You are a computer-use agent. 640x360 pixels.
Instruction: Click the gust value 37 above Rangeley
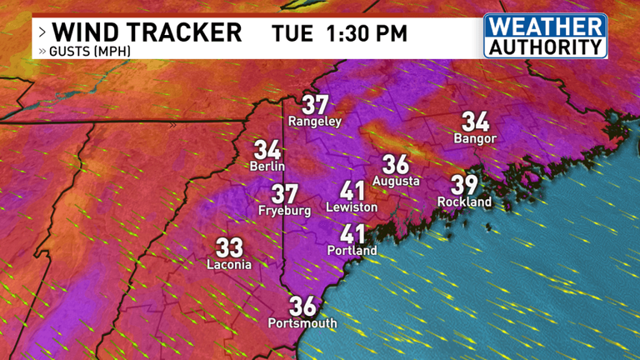click(315, 106)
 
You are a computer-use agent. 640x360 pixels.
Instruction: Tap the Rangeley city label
click(315, 122)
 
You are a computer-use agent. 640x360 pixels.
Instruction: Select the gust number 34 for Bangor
click(475, 122)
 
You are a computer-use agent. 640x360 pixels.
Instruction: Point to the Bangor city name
click(475, 138)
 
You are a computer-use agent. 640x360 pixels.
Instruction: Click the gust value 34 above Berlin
click(267, 150)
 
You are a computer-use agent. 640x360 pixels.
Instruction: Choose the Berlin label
click(267, 166)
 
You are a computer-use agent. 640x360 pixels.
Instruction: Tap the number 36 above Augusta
click(396, 165)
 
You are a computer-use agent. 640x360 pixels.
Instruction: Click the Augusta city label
click(396, 181)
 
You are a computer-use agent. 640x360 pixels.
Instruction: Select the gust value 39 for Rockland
click(465, 185)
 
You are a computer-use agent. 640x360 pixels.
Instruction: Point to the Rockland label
click(465, 202)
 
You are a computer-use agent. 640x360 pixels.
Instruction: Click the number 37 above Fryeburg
click(285, 194)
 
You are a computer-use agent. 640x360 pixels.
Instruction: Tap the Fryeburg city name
click(285, 211)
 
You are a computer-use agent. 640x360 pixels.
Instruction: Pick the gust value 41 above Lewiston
click(352, 190)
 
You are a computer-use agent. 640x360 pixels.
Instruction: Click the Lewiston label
click(352, 207)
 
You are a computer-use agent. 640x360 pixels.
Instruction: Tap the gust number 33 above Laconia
click(229, 247)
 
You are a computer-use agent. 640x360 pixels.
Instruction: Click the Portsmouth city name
click(302, 323)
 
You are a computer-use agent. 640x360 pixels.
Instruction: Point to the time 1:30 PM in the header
click(367, 33)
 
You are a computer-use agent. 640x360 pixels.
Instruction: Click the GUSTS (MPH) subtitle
click(87, 52)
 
